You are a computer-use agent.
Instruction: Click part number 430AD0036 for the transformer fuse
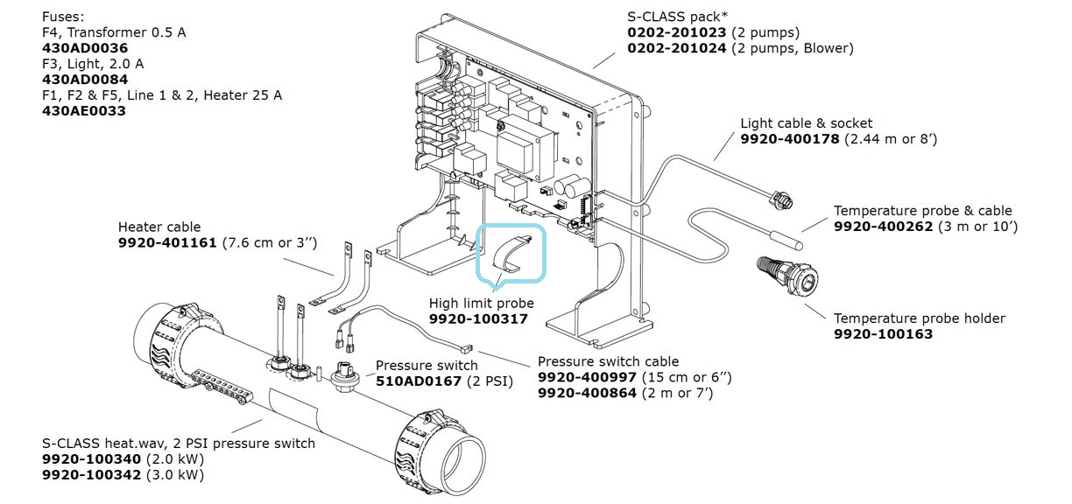click(84, 48)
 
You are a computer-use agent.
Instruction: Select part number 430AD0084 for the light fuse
click(84, 80)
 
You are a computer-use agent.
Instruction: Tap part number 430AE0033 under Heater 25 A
click(83, 111)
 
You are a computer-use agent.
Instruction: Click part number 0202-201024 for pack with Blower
click(676, 48)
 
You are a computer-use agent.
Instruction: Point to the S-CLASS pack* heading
click(677, 17)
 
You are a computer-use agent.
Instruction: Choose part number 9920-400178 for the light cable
click(790, 139)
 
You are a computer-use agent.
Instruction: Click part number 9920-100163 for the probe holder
click(883, 333)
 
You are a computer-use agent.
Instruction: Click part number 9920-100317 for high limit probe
click(478, 319)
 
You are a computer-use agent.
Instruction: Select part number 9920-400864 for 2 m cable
click(588, 393)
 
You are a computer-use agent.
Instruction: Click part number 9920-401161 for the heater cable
click(167, 242)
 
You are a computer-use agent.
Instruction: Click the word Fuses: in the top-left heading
click(64, 17)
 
